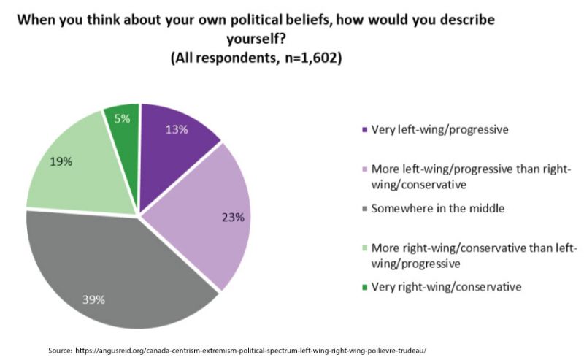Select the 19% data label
pos(61,161)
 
